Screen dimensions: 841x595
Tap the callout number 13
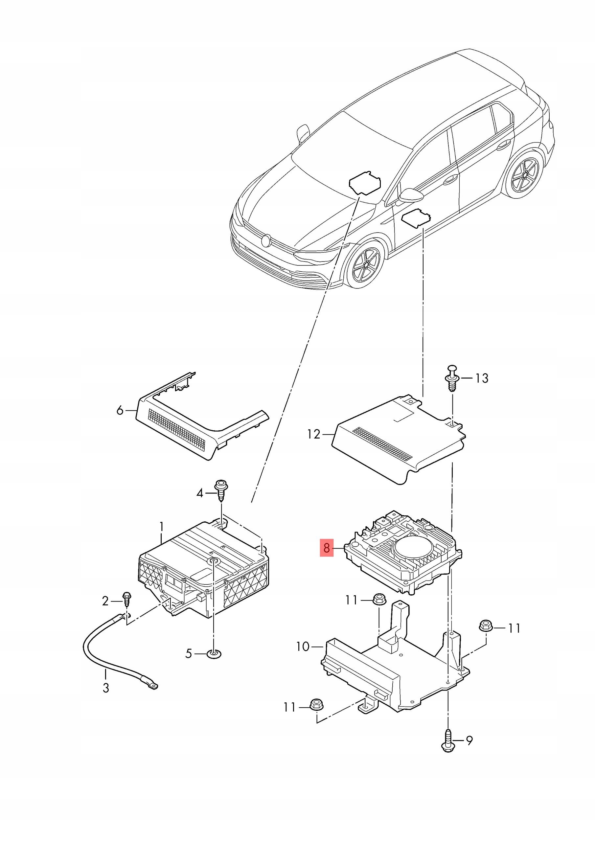pyautogui.click(x=482, y=378)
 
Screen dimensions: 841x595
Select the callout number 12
pyautogui.click(x=314, y=434)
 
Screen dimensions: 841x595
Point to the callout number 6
pyautogui.click(x=120, y=411)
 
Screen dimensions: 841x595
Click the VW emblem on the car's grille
pyautogui.click(x=265, y=241)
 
